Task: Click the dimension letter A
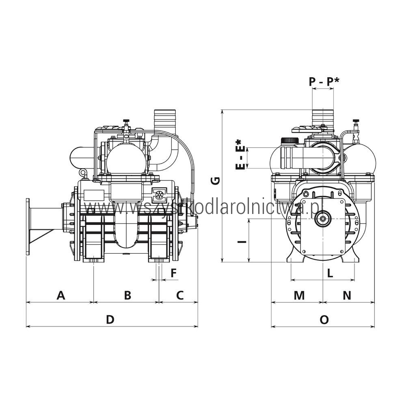[60, 295]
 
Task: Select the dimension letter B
[127, 295]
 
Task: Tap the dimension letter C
[180, 295]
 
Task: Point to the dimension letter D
[110, 320]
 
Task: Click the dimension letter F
[173, 273]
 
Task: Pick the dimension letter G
[216, 181]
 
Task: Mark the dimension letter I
[242, 242]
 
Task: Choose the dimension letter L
[330, 273]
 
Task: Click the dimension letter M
[299, 295]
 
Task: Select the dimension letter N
[347, 295]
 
